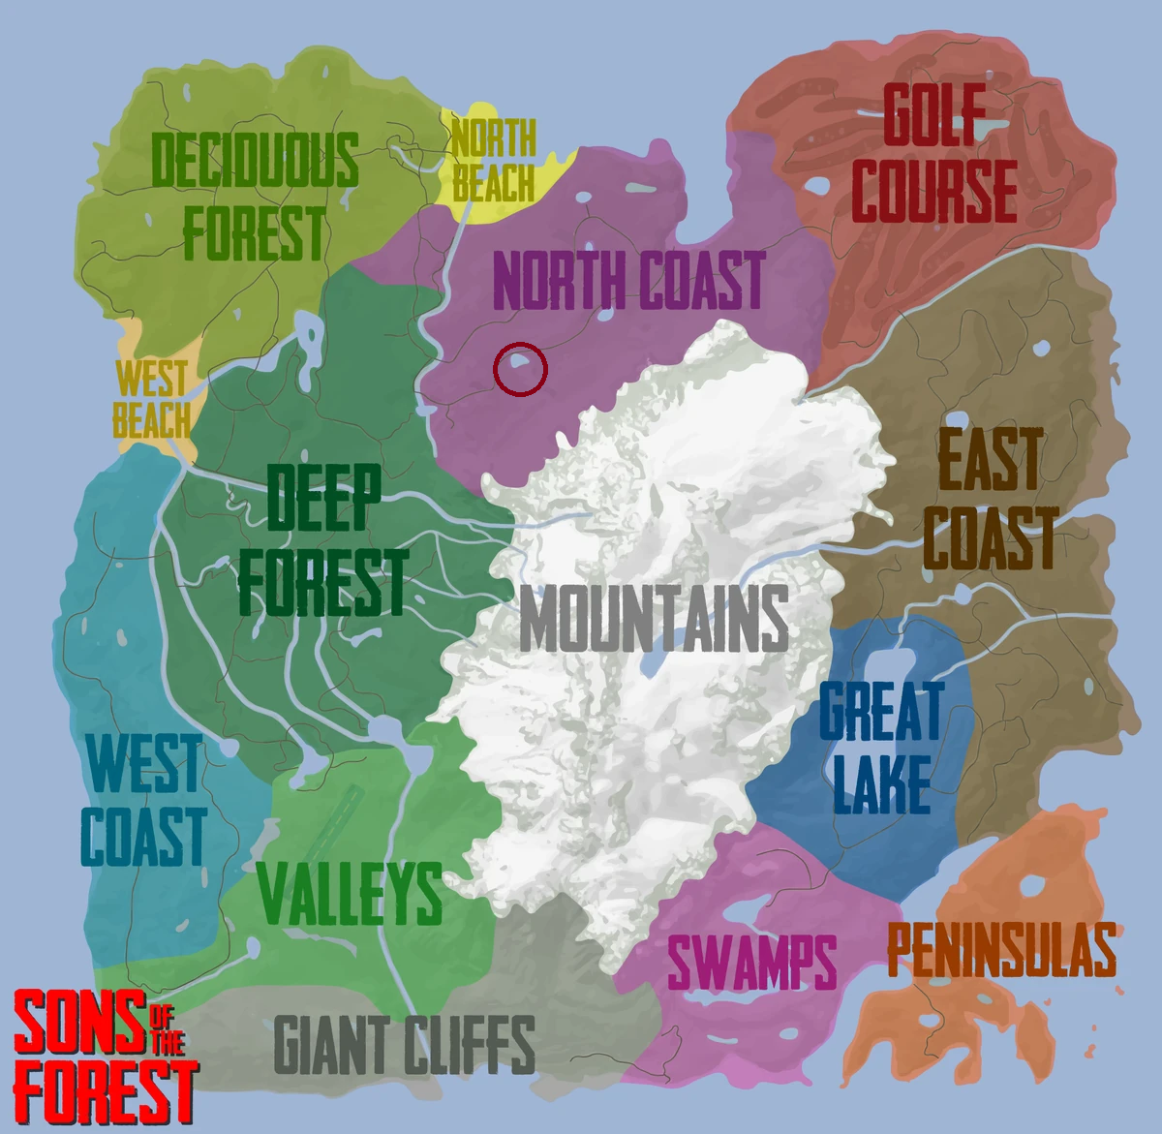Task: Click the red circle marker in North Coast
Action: point(520,369)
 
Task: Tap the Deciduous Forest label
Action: point(255,198)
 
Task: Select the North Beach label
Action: point(493,161)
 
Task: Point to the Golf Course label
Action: point(933,154)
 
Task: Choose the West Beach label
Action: point(152,399)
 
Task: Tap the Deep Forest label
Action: point(322,540)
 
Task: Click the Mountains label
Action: point(655,620)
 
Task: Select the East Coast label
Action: point(989,500)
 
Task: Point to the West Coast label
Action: point(143,800)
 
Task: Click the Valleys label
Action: point(351,893)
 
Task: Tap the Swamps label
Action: point(751,962)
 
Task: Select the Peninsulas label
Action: point(1001,950)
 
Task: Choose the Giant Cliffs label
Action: point(405,1045)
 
